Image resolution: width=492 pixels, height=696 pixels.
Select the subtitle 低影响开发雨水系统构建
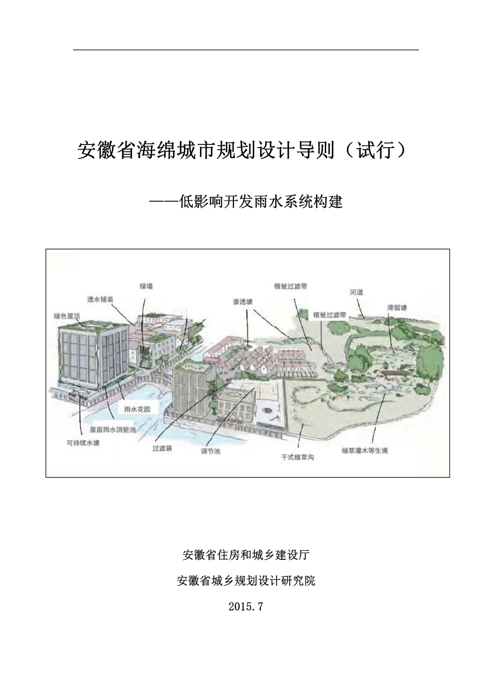tap(245, 201)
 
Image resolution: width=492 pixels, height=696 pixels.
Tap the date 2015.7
tap(246, 606)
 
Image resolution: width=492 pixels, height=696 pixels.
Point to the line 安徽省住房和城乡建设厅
tap(246, 556)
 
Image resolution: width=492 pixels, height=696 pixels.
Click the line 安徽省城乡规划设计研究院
tap(246, 581)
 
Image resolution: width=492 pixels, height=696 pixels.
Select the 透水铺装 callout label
tap(100, 299)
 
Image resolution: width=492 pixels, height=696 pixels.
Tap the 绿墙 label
tap(147, 286)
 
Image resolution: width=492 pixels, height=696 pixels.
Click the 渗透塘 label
tap(243, 301)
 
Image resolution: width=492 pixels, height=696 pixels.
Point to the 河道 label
tap(356, 293)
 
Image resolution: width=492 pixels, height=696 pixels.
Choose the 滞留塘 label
tap(397, 308)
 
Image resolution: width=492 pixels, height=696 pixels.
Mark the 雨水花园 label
tap(137, 409)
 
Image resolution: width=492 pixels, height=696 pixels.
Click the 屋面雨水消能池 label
tap(112, 429)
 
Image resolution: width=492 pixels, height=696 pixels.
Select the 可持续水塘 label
tap(82, 443)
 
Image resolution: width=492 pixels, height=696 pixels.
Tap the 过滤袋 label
tap(162, 448)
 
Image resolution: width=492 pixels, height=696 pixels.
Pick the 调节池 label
tap(210, 452)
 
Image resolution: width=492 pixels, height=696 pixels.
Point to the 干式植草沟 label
tap(298, 457)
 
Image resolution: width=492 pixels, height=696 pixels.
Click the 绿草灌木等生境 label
tap(365, 451)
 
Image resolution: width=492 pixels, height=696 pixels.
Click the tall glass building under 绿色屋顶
tap(93, 357)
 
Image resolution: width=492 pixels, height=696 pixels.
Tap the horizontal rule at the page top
tap(246, 50)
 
